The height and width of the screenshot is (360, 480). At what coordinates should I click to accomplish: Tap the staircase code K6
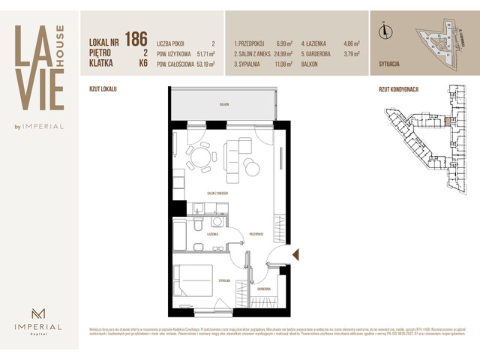(x=142, y=64)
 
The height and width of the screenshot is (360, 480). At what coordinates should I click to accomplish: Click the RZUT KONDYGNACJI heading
(x=398, y=88)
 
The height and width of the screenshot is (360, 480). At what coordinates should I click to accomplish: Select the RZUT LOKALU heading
(x=103, y=88)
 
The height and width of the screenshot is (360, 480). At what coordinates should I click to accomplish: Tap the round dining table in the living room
(x=199, y=157)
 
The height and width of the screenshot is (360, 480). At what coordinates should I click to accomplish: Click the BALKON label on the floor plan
(x=223, y=105)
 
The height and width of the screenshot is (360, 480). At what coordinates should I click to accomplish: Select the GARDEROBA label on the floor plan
(x=263, y=288)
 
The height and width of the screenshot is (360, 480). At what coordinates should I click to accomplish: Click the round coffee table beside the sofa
(x=252, y=169)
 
